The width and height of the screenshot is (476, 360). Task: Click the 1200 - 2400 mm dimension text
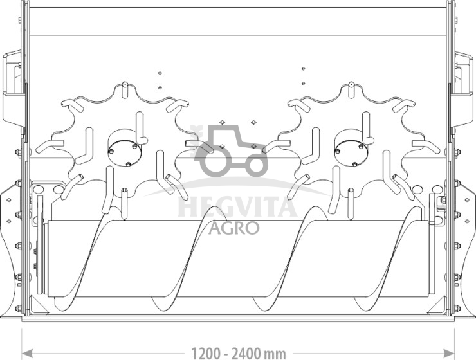238,354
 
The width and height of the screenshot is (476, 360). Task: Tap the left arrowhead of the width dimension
27,354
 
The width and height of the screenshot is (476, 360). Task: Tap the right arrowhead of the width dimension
449,354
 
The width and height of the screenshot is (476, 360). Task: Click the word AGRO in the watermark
233,228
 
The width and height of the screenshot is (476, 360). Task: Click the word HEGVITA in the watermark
237,206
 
